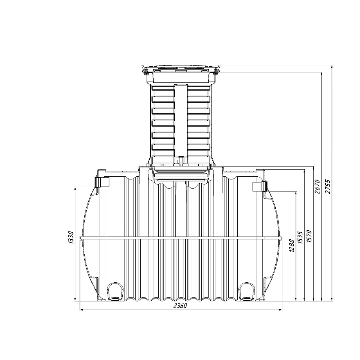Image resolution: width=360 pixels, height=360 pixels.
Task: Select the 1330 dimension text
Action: [x=71, y=237]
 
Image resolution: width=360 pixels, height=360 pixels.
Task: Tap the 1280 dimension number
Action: [x=292, y=245]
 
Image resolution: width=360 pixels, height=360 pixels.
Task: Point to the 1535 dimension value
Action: [x=300, y=237]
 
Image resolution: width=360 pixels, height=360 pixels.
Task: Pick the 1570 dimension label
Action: [x=309, y=236]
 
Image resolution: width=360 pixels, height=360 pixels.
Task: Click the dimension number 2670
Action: [x=317, y=187]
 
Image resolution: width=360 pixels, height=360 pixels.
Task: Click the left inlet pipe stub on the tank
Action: [x=102, y=182]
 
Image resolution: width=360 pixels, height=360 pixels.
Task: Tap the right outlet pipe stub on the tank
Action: [x=260, y=186]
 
